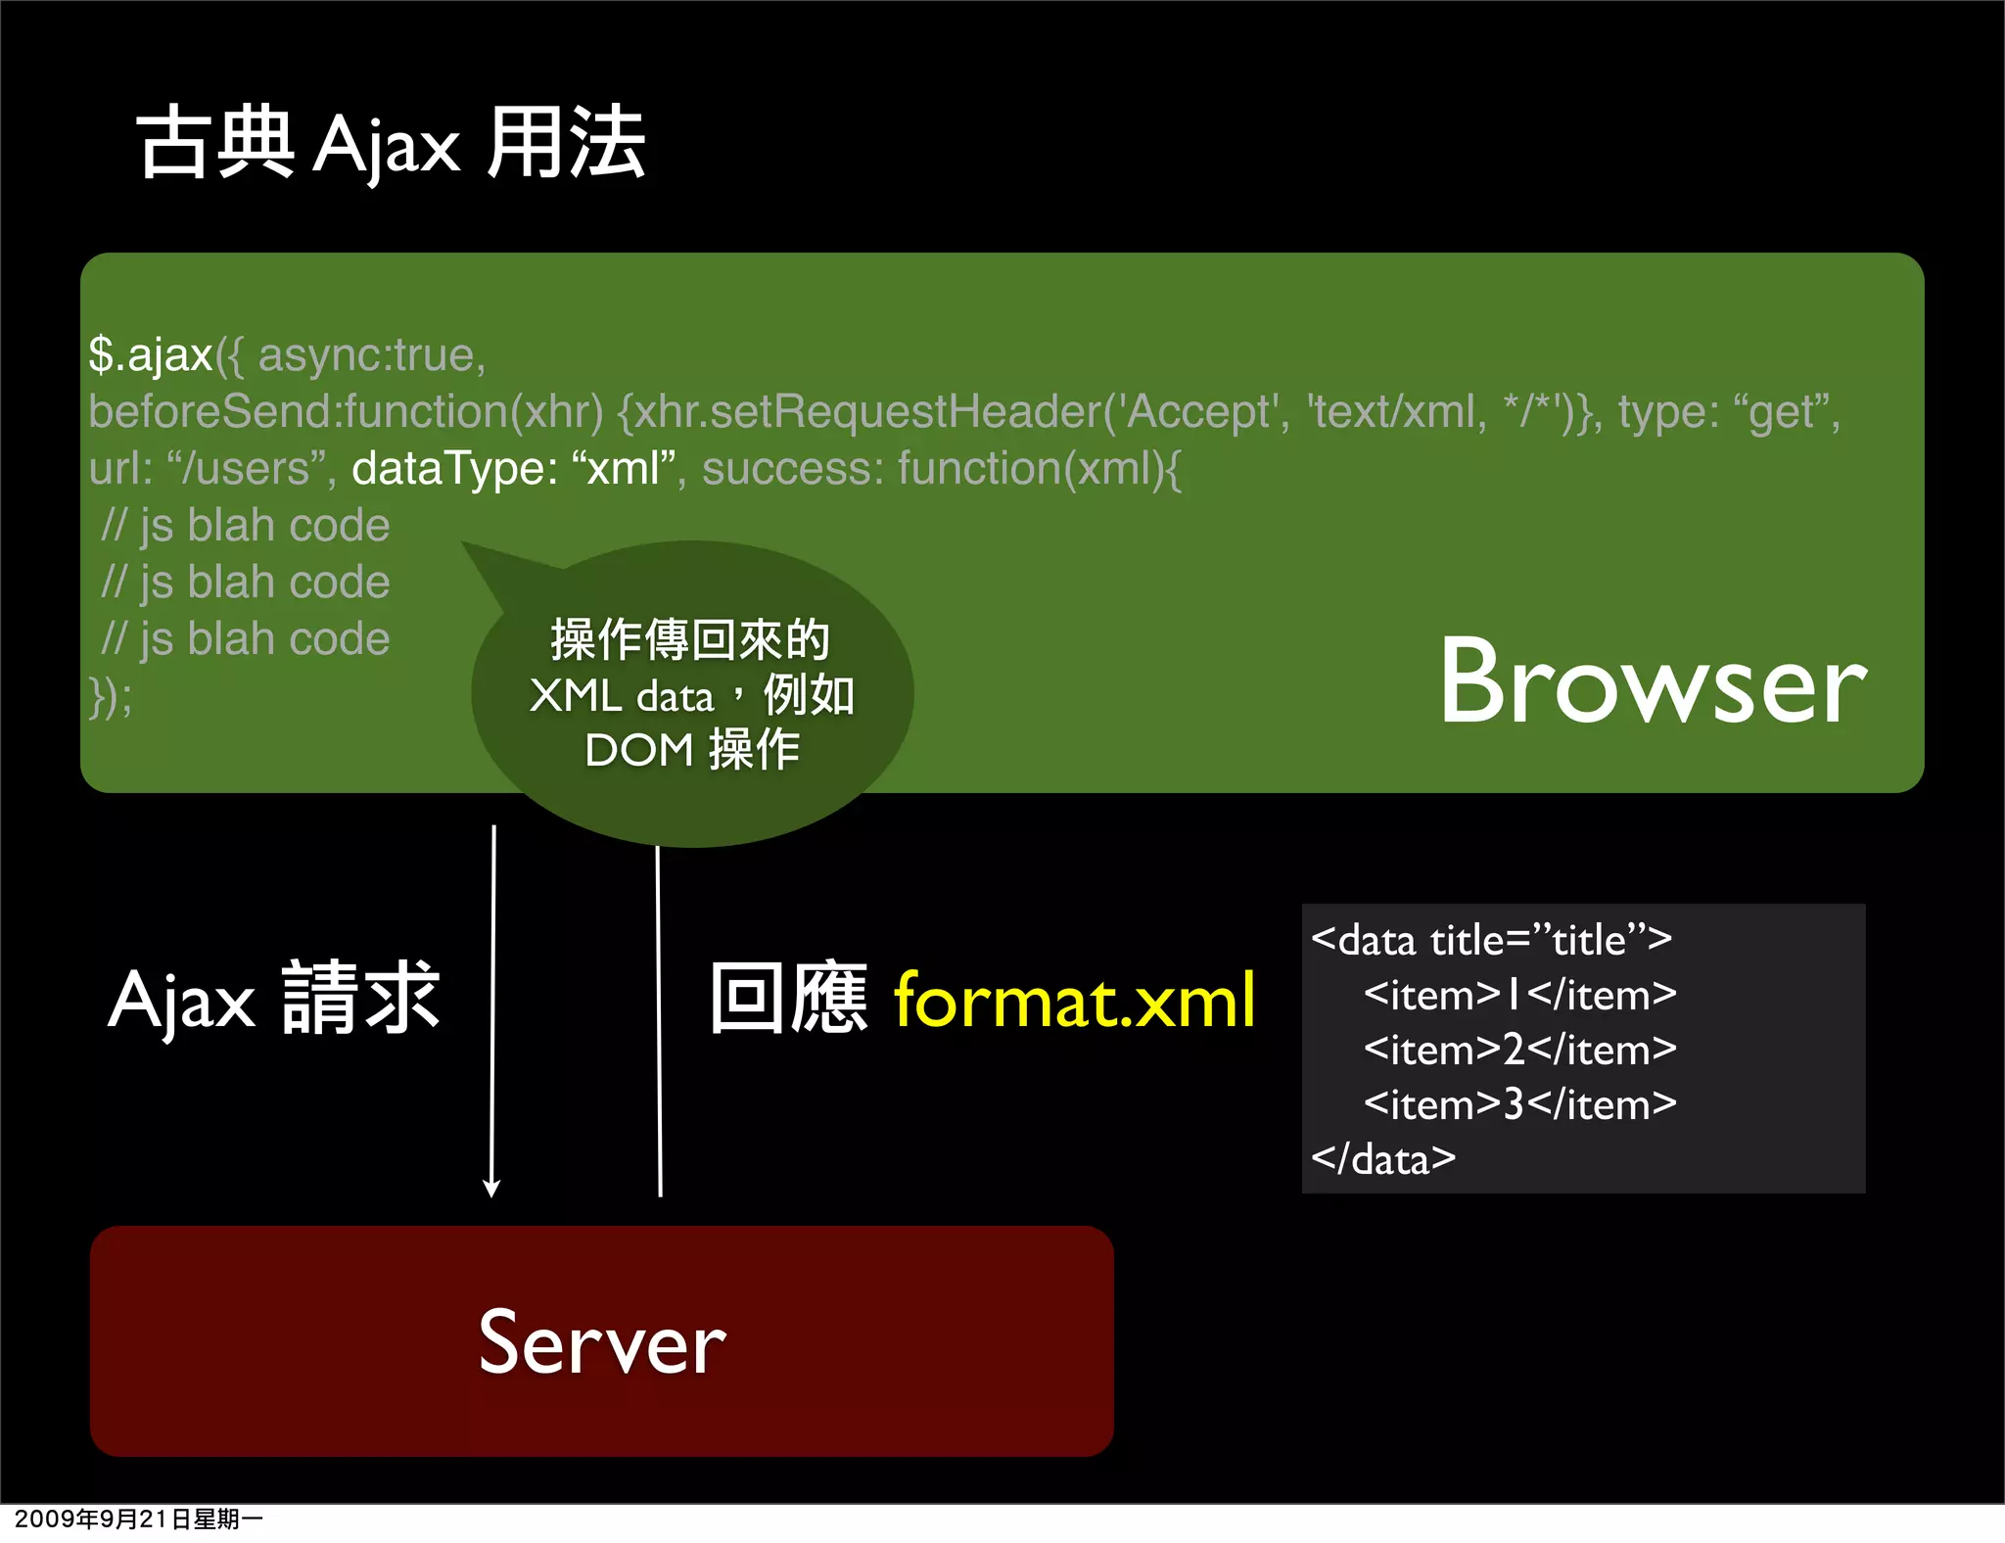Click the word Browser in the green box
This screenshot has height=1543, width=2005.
(x=1653, y=682)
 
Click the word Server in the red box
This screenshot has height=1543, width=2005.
(x=602, y=1342)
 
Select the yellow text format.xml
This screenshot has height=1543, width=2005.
(x=1074, y=1001)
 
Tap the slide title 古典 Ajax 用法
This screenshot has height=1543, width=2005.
(x=392, y=144)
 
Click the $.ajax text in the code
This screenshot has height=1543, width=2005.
(x=151, y=354)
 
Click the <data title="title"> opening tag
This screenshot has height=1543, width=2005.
(x=1491, y=941)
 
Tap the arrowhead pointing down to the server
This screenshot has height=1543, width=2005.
(x=491, y=1188)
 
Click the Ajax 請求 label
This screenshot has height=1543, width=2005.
(x=274, y=1001)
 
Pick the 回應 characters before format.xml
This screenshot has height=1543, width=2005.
(x=789, y=999)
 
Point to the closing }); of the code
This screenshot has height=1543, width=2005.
(x=110, y=697)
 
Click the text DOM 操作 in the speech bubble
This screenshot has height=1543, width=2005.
(x=692, y=751)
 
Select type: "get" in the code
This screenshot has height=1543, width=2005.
(x=1727, y=412)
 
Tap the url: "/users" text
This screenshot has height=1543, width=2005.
(x=211, y=469)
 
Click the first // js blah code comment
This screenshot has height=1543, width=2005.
(x=246, y=526)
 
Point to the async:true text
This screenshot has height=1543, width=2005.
(x=371, y=354)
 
